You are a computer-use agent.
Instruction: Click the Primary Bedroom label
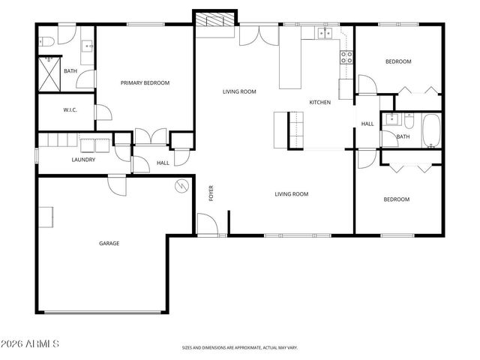[x=145, y=83]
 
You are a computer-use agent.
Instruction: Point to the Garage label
[x=109, y=243]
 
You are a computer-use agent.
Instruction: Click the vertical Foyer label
[x=211, y=193]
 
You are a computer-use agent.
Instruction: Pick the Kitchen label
[x=320, y=102]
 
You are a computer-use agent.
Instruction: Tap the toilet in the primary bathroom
[x=46, y=40]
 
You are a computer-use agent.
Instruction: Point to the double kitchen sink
[x=325, y=34]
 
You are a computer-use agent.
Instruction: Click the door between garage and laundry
[x=118, y=183]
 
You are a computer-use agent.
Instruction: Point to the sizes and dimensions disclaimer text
[x=239, y=348]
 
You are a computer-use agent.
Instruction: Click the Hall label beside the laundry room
[x=163, y=163]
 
